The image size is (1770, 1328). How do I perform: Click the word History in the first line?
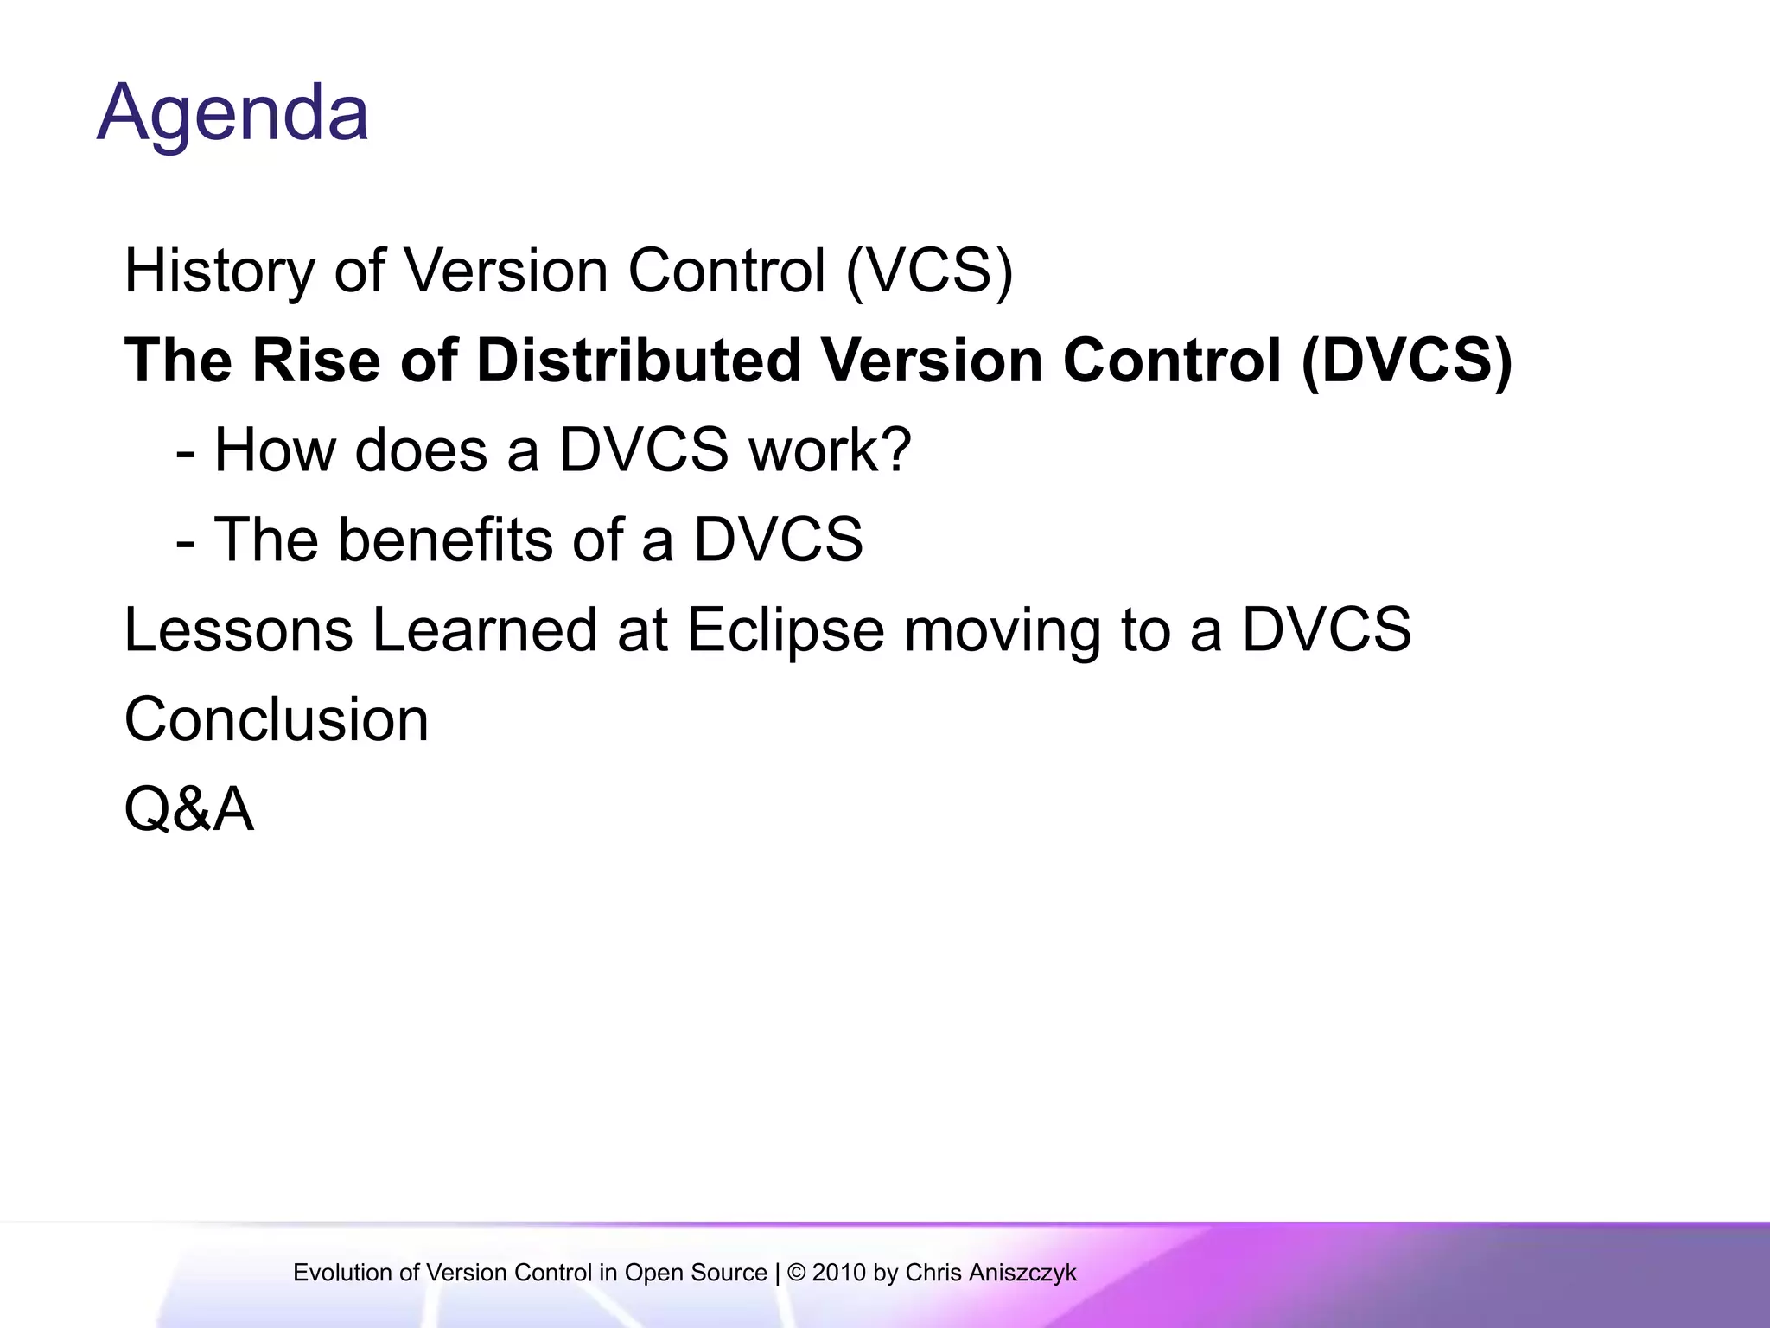pos(220,271)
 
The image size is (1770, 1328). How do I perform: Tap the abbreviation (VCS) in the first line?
pos(929,271)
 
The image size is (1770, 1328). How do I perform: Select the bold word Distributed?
pos(638,361)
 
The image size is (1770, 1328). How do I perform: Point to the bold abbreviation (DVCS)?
pos(1406,361)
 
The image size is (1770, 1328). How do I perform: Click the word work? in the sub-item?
pos(830,450)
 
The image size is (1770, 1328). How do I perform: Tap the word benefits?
pos(444,540)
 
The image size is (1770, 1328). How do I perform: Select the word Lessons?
pos(239,629)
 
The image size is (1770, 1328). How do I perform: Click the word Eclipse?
pos(785,629)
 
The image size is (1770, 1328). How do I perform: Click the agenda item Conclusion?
pos(277,719)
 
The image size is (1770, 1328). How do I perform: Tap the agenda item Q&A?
pos(189,810)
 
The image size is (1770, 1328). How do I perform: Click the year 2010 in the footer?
pos(839,1273)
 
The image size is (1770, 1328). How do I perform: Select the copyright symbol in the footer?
pos(796,1273)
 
